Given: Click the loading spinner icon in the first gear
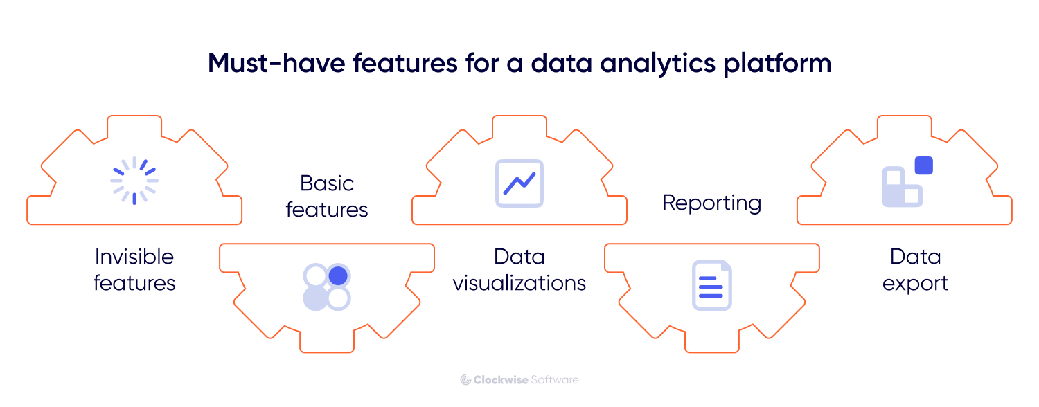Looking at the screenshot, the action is [134, 181].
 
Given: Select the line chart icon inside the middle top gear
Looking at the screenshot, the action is [519, 183].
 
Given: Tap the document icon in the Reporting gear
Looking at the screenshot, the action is [712, 285].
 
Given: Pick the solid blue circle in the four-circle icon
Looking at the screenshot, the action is [338, 275].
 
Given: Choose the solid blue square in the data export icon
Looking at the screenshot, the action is [923, 165].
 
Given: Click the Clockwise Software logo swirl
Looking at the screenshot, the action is [465, 379].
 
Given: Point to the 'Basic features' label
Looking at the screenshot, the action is [327, 197].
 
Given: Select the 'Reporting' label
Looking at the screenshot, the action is [712, 203].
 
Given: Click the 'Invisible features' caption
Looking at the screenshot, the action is [134, 270].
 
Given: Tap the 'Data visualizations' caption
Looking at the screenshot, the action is [519, 270].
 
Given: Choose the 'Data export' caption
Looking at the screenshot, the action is [916, 270].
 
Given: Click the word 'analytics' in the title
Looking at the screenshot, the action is [658, 64].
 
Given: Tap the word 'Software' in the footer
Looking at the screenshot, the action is [555, 379].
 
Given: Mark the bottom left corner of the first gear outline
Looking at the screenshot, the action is [28, 224].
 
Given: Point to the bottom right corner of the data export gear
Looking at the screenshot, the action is [1011, 224].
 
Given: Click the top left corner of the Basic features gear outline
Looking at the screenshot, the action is [220, 244].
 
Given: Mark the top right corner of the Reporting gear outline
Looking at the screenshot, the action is [819, 244].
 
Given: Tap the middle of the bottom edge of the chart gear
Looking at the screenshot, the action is [519, 224].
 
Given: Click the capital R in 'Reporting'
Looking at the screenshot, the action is [669, 202].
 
